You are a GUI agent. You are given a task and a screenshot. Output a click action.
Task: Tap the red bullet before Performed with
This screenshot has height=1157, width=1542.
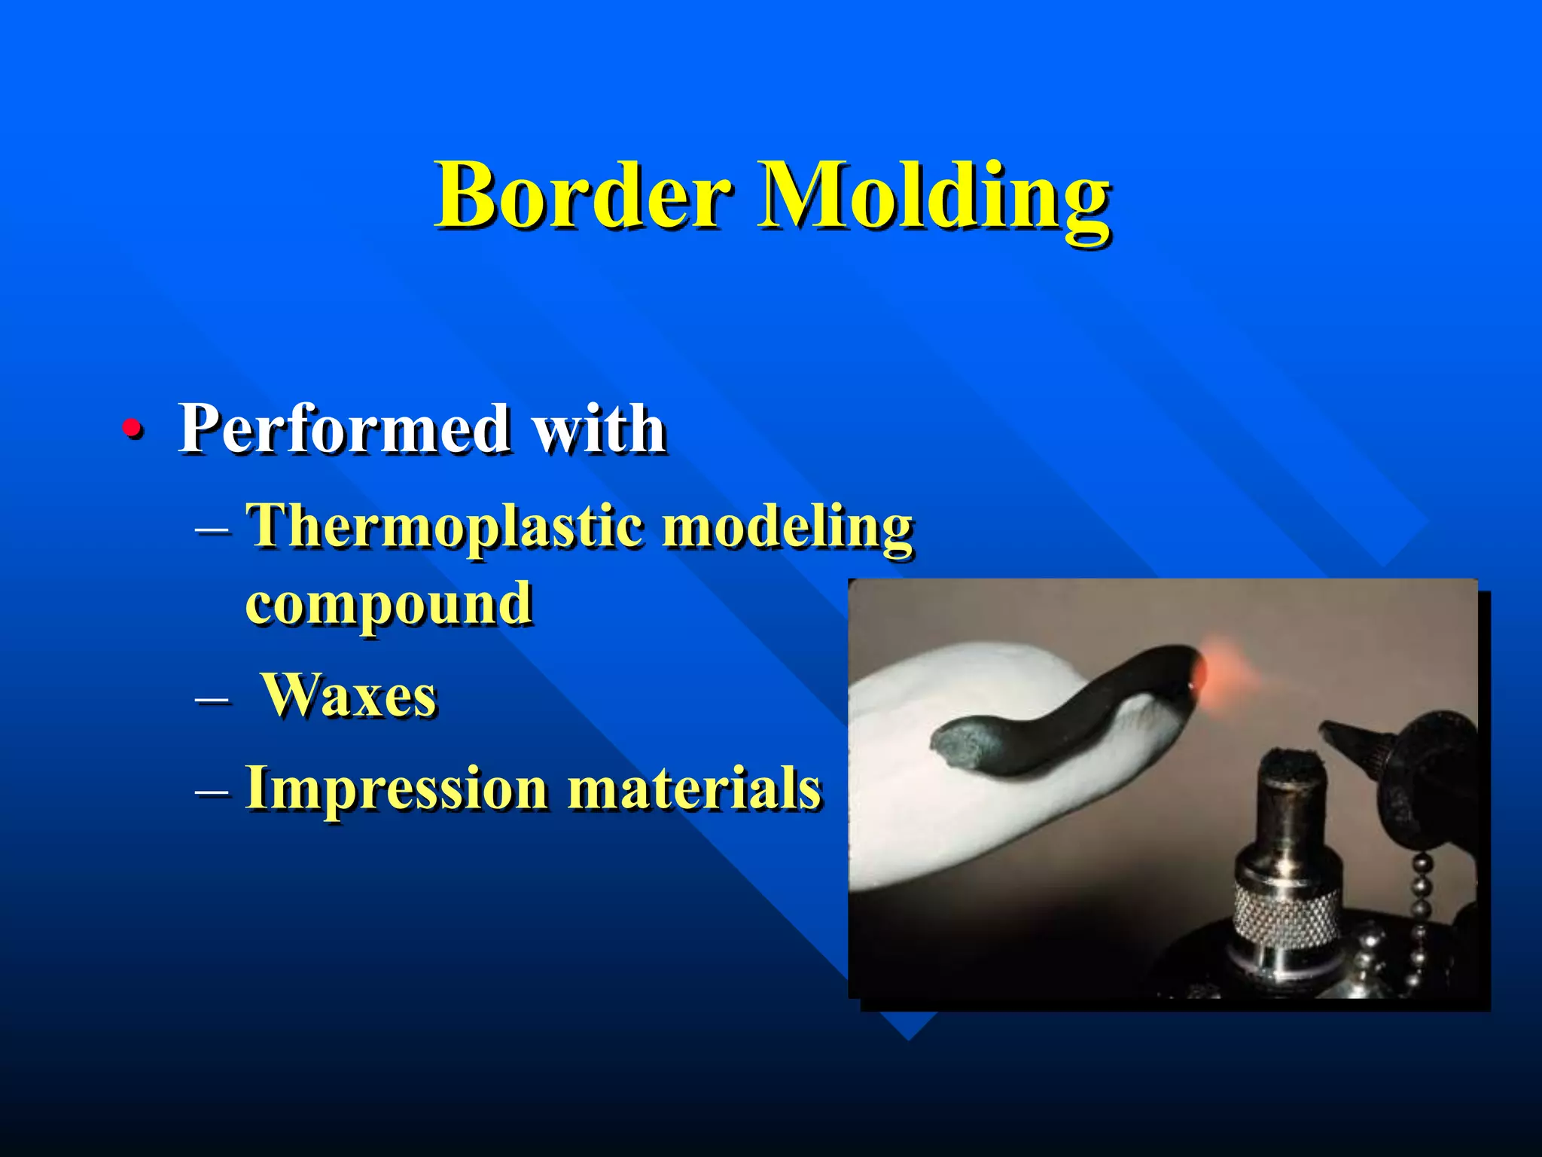coord(133,428)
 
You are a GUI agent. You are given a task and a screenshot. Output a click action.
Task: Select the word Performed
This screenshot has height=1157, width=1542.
coord(343,429)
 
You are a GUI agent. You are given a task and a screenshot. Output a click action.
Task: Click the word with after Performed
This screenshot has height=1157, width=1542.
coord(599,429)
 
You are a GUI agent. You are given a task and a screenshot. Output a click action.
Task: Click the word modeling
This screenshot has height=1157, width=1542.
coord(788,527)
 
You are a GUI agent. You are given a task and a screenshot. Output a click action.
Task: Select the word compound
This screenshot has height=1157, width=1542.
coord(389,604)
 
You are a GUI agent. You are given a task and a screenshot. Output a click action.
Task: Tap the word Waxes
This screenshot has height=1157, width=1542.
coord(349,695)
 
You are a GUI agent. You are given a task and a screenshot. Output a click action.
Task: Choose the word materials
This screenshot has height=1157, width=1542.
coord(693,789)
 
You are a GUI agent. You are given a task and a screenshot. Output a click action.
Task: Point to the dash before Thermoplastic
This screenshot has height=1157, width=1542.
coord(212,530)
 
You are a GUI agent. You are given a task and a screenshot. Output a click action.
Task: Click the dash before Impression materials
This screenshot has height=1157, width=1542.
coord(212,791)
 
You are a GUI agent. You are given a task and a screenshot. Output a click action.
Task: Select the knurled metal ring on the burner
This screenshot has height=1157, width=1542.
coord(1286,911)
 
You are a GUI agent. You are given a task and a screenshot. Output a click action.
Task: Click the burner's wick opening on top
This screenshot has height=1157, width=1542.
coord(1292,761)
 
